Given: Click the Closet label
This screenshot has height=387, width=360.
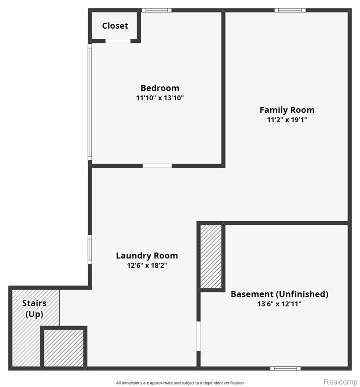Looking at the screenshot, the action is [115, 26].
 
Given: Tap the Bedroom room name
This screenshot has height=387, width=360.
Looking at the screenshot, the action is [160, 88].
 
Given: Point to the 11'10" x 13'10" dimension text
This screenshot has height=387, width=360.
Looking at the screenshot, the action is [160, 98].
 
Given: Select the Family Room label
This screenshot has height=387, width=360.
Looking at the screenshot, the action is [287, 110].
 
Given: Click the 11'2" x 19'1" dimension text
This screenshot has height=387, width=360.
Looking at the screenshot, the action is [287, 120].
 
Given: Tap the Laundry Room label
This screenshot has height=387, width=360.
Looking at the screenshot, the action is [147, 255].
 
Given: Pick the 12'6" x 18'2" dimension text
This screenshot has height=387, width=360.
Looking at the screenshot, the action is [147, 266].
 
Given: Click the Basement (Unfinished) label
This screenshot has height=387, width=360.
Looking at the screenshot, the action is [279, 294].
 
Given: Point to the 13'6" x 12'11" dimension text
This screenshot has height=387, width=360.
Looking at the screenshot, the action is [279, 304].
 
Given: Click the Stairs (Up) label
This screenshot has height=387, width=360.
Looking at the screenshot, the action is [34, 308].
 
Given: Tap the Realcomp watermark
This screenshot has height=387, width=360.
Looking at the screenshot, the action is [340, 381].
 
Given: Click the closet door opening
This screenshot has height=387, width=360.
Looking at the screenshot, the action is [118, 41].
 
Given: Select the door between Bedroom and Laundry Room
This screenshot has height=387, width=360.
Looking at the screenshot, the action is [157, 166].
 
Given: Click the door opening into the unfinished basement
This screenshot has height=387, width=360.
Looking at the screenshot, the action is [198, 336].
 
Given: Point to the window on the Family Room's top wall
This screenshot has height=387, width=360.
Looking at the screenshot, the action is [290, 10].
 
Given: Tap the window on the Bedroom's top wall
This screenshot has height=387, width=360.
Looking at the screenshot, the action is [156, 10].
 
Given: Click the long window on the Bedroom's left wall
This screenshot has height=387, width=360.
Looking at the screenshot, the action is [90, 102].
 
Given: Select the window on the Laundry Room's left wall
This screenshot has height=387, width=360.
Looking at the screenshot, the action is [90, 249].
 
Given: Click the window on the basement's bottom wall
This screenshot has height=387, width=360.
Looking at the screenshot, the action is [285, 368].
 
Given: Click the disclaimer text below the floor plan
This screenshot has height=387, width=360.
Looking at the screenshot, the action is [180, 383].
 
